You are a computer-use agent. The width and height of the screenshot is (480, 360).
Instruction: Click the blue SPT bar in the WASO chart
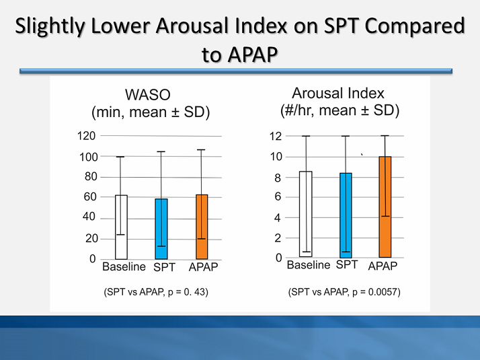coord(161,229)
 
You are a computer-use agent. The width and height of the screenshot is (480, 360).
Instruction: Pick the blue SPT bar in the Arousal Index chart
coord(345,215)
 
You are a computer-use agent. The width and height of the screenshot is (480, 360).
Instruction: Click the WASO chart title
coord(151,104)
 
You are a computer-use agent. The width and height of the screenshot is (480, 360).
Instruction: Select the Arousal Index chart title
coord(339,102)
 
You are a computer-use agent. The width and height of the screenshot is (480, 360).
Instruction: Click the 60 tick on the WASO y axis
coord(90,197)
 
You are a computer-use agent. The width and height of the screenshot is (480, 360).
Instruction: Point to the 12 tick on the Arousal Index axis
coord(275,136)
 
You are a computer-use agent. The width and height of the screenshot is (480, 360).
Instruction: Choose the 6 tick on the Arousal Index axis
coord(277,197)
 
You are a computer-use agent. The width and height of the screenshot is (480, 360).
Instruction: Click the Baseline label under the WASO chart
coord(124,266)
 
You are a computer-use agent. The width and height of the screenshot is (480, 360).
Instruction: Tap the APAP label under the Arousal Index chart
coord(383,266)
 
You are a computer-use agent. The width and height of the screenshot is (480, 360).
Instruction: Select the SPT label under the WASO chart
coord(164,267)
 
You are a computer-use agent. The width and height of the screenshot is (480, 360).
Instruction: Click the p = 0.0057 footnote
coord(344,292)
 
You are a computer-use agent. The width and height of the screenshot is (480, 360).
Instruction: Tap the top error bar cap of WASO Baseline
coord(120,157)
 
